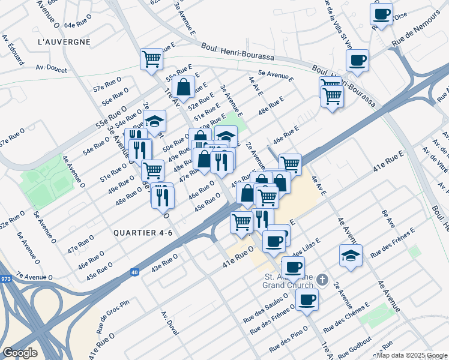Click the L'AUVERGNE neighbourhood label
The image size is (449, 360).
64,42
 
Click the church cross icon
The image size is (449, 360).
322,280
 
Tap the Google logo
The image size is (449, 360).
19,353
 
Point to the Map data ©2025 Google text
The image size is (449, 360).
411,355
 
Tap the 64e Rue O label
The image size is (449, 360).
77,25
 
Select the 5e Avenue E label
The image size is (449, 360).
276,76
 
